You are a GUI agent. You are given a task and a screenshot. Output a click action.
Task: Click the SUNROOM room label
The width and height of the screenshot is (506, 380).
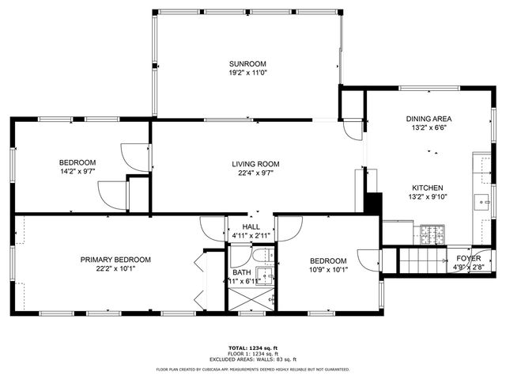pos(247,63)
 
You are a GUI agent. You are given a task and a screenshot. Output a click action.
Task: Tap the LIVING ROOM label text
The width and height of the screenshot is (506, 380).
pos(255,164)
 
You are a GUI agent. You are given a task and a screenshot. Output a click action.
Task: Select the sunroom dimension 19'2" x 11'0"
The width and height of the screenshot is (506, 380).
pos(247,73)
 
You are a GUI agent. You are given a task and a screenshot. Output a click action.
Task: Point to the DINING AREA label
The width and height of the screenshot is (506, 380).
pos(429,119)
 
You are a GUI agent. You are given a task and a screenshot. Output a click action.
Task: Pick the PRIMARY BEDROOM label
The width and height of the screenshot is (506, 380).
pos(115,259)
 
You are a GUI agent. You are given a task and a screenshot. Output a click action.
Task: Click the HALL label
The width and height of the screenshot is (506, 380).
pos(251,226)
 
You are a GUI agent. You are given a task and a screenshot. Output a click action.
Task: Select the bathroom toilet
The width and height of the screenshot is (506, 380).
pos(259,255)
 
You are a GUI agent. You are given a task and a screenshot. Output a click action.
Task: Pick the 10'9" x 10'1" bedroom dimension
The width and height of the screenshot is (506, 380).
pos(327,270)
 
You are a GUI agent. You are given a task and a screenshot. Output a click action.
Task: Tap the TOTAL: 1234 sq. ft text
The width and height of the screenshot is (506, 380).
pos(252,348)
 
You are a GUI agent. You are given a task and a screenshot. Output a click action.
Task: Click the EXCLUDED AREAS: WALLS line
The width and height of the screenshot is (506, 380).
pos(252,360)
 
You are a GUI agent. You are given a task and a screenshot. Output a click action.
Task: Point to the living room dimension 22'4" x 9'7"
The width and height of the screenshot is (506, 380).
pos(255,173)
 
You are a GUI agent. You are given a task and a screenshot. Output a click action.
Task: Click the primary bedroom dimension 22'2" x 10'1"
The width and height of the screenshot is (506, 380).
pos(115,268)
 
